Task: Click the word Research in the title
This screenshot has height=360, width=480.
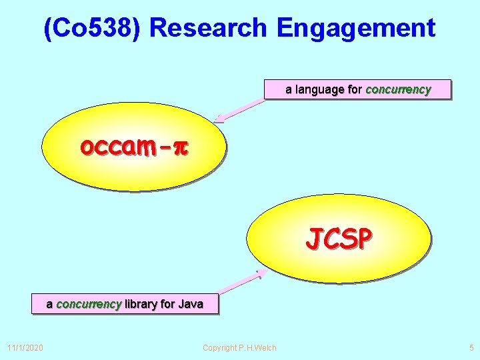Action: coord(208,28)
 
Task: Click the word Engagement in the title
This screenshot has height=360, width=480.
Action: coord(355,28)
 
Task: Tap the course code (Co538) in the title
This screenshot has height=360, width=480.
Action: coord(93,28)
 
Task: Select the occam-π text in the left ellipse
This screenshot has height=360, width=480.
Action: coord(134,145)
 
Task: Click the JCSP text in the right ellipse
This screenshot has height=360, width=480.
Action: coord(339,238)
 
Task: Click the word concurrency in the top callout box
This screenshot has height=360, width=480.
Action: coord(398,89)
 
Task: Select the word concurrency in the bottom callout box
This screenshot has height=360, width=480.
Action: coord(89,305)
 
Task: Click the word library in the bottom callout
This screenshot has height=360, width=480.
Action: coord(141,305)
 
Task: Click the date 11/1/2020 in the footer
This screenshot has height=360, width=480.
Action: coord(25,347)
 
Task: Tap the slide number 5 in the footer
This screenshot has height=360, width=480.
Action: coord(471,347)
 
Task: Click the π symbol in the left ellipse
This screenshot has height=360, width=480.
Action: coord(181,146)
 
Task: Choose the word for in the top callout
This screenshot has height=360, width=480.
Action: coord(355,89)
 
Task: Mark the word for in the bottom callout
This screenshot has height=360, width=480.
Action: coord(167,305)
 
